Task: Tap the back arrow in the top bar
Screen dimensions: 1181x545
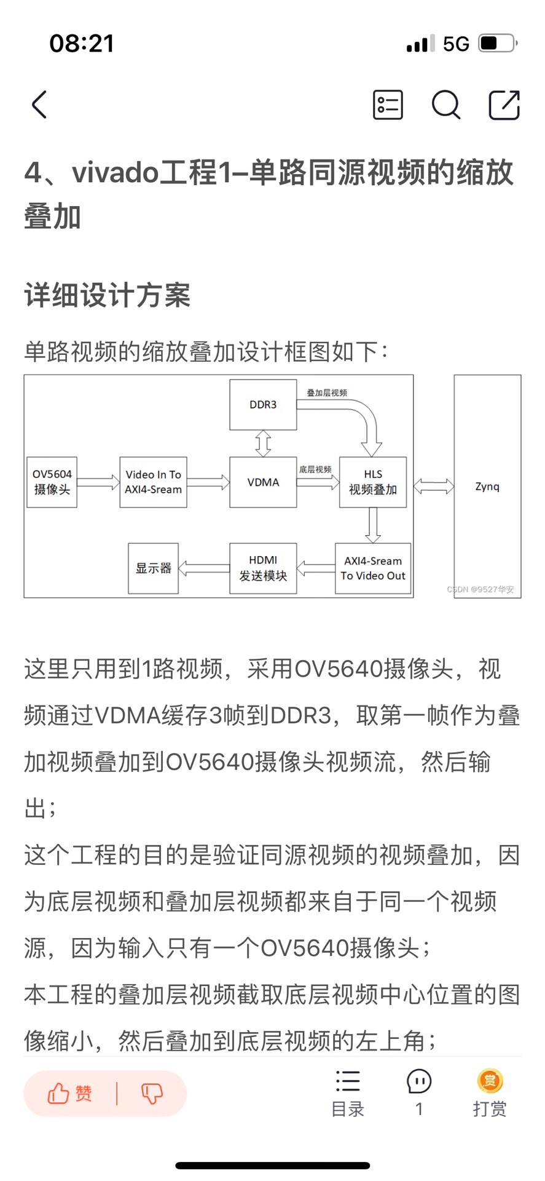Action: click(x=39, y=105)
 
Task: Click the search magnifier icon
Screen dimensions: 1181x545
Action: click(x=445, y=105)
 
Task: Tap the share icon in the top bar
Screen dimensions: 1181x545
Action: click(x=504, y=105)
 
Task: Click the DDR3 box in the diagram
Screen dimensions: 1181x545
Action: click(x=263, y=405)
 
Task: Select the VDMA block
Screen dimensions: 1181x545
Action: click(x=263, y=482)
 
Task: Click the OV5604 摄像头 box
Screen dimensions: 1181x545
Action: click(x=52, y=482)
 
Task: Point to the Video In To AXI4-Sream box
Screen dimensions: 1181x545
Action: click(x=153, y=482)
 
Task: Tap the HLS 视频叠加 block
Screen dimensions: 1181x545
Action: click(x=373, y=482)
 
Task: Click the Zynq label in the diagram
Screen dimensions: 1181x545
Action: click(x=487, y=487)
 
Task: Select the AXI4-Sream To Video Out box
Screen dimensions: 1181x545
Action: click(x=373, y=568)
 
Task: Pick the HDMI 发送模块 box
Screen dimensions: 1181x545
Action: click(x=263, y=568)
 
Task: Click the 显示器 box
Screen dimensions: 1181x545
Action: click(x=153, y=568)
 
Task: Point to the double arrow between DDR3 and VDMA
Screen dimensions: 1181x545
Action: click(x=263, y=443)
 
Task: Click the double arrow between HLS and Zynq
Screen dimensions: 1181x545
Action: click(x=433, y=487)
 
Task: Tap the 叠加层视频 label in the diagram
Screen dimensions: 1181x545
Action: click(x=327, y=392)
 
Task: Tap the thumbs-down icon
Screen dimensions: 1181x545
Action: click(x=152, y=1093)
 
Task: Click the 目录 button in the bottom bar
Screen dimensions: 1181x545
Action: click(x=348, y=1093)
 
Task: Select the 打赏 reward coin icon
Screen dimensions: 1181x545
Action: click(x=490, y=1081)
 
